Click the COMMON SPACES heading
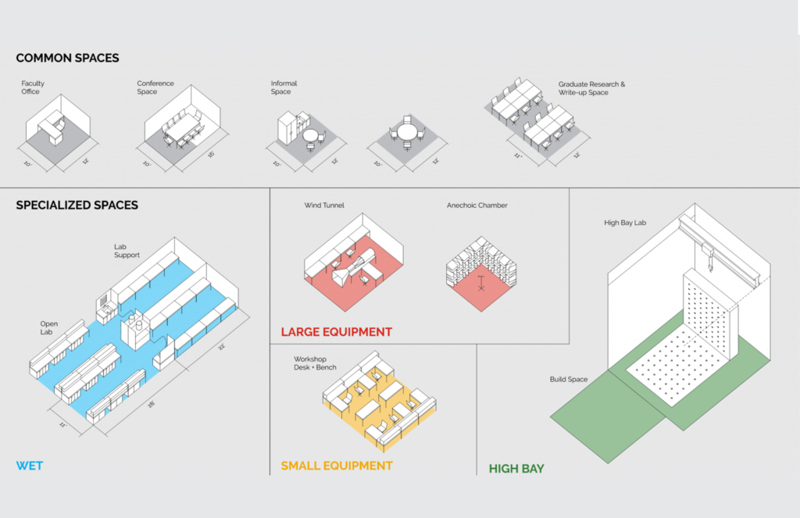click(x=67, y=58)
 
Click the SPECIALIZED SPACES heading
click(x=77, y=205)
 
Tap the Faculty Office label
click(x=33, y=88)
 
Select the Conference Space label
click(x=155, y=88)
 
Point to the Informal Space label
click(x=284, y=88)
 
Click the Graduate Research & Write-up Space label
click(x=591, y=88)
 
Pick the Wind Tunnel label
click(x=324, y=205)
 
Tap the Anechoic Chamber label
click(x=477, y=205)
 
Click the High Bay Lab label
click(x=624, y=223)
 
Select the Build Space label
click(x=568, y=380)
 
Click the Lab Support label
click(x=127, y=251)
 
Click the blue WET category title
click(x=30, y=466)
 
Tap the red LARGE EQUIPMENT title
click(x=337, y=332)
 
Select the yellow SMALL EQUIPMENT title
click(x=337, y=466)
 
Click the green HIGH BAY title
click(x=516, y=469)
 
